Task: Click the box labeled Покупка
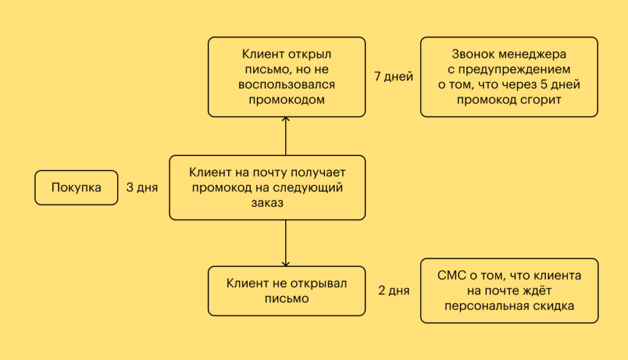[76, 188]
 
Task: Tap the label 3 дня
[142, 188]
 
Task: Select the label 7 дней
[393, 77]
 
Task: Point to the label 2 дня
[394, 291]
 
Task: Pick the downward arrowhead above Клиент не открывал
[286, 262]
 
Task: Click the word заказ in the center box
[267, 203]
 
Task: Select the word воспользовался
[286, 84]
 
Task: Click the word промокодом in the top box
[286, 99]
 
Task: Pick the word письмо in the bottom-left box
[286, 299]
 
